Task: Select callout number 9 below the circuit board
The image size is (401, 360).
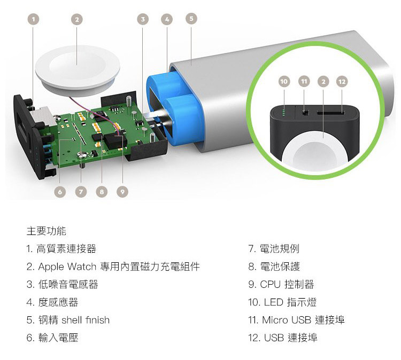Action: click(x=122, y=191)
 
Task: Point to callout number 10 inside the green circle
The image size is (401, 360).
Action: click(x=284, y=81)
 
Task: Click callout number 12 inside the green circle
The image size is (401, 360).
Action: click(x=342, y=81)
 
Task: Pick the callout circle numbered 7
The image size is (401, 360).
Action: click(x=81, y=191)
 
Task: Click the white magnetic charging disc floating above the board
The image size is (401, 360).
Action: click(x=76, y=67)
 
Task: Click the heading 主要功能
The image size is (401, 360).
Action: click(x=47, y=231)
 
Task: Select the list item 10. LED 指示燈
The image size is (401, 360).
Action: click(x=282, y=302)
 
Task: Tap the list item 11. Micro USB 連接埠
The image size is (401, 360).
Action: click(x=296, y=320)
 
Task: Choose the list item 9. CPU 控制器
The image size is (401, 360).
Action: click(x=281, y=284)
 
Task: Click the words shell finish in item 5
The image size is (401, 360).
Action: click(x=85, y=320)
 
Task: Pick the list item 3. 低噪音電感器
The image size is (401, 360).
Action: click(x=63, y=284)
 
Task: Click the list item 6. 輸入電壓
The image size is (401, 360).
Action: click(x=52, y=338)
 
